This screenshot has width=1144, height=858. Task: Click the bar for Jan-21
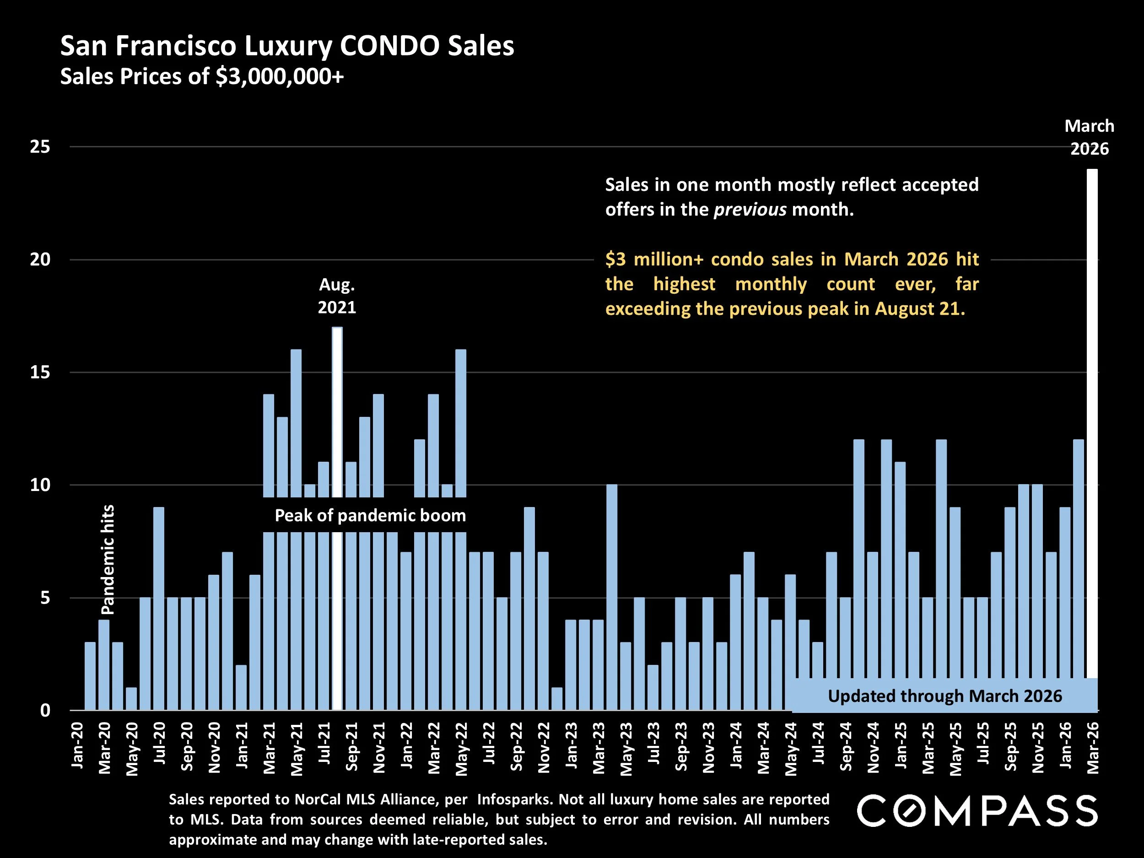[241, 687]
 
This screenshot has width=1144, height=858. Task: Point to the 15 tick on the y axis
[40, 372]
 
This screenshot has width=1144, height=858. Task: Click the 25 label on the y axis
[40, 147]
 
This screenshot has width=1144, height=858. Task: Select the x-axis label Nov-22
[544, 748]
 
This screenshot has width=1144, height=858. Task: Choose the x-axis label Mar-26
[1093, 748]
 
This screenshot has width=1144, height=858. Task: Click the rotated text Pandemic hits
[108, 560]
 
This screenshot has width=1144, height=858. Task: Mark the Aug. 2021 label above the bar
[337, 296]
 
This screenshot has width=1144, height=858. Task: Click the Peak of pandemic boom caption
[370, 516]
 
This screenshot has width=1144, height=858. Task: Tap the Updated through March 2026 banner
[944, 696]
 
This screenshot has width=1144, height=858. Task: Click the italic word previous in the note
[750, 210]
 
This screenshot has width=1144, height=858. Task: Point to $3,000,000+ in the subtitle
[279, 76]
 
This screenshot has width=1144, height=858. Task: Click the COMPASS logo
[977, 811]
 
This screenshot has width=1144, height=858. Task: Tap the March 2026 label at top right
[1089, 138]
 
